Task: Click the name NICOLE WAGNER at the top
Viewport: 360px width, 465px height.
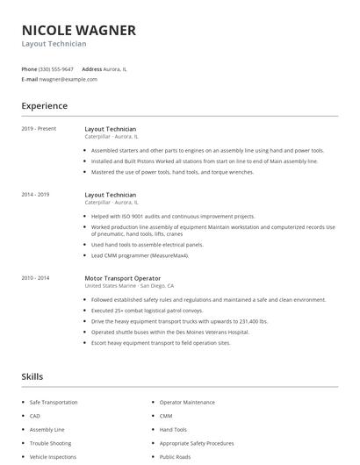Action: tap(78, 31)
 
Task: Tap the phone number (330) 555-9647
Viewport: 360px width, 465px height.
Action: tap(56, 68)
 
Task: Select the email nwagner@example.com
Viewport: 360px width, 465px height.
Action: tap(68, 79)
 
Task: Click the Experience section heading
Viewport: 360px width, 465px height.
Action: tap(44, 106)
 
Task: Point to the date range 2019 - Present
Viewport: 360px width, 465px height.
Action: tap(39, 129)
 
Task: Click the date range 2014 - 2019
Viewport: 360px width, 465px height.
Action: tap(35, 194)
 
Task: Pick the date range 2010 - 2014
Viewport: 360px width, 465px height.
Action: tap(35, 278)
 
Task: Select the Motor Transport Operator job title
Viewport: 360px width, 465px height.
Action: tap(122, 278)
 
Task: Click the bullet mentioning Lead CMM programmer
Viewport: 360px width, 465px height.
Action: tap(140, 255)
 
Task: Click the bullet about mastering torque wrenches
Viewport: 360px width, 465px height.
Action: tap(173, 172)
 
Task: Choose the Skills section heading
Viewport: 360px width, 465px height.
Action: tap(32, 376)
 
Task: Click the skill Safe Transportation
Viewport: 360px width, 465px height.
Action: tap(54, 402)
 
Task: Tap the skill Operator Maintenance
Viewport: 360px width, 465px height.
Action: tap(187, 402)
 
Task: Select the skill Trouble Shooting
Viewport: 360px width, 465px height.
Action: tap(49, 443)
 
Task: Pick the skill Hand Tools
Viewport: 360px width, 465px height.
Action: tap(173, 430)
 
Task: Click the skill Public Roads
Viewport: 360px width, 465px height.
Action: tap(176, 457)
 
